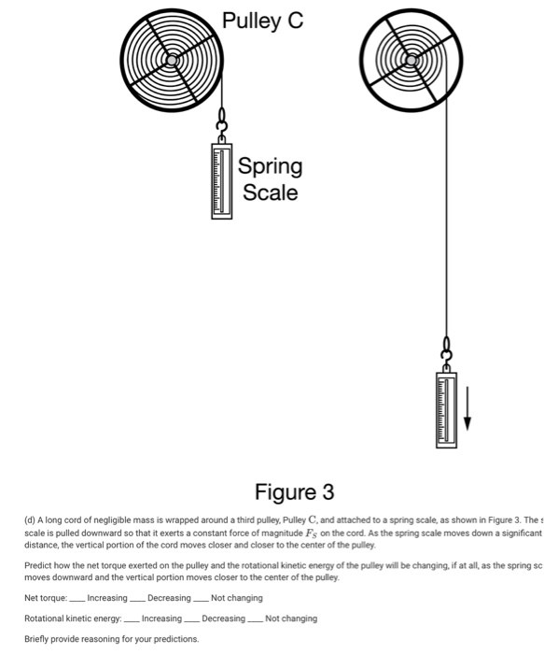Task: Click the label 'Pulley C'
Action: click(x=262, y=21)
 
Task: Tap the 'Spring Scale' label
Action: click(x=270, y=179)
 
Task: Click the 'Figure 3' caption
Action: click(x=294, y=491)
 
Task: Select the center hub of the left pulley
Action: click(x=173, y=60)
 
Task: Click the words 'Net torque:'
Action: click(x=45, y=597)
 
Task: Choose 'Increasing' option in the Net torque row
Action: click(x=106, y=597)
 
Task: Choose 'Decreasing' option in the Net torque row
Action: click(x=168, y=597)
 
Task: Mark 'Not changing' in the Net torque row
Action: click(x=236, y=597)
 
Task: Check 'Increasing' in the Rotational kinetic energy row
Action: click(x=161, y=618)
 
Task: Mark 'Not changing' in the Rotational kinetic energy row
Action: click(x=290, y=618)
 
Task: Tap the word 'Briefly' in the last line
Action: click(x=38, y=639)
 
